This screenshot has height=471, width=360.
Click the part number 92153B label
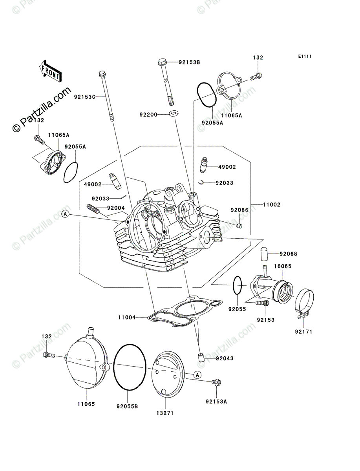point(189,62)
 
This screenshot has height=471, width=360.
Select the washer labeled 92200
point(172,114)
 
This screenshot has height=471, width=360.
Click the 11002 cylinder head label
point(271,204)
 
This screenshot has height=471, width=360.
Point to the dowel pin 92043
point(200,357)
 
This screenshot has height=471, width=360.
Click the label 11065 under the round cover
point(86,403)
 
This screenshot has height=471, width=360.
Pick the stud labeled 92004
point(94,210)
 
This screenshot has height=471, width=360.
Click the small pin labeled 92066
point(239,226)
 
